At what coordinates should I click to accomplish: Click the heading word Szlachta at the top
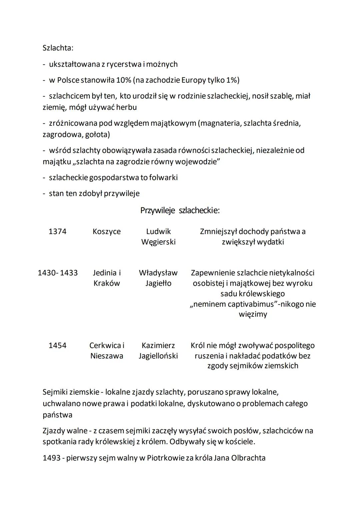coord(58,48)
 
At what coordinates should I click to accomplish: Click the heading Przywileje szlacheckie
coord(180,211)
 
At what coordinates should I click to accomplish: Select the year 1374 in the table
coord(57,231)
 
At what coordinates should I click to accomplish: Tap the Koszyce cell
coord(107,231)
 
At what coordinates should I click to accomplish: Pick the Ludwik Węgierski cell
coord(158,236)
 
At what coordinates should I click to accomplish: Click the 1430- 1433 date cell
coord(58,273)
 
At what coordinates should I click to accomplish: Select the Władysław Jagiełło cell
coord(158,278)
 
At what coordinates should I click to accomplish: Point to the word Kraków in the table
coord(107,283)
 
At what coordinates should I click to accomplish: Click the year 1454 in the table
coord(57,345)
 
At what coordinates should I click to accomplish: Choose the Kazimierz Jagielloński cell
coord(158,350)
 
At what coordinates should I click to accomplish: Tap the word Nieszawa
coord(107,356)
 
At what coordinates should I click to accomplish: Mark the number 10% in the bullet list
coord(124,80)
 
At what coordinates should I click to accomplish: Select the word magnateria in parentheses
coord(219,123)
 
